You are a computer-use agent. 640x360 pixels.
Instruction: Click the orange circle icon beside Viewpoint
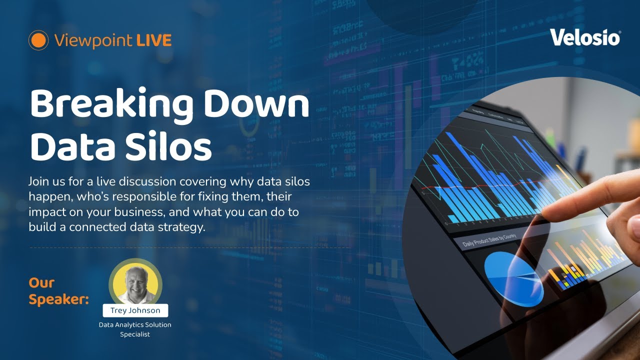tap(38, 40)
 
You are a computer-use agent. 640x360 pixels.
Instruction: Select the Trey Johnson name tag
tap(135, 310)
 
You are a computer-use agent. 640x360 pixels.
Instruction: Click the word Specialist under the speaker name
tap(135, 334)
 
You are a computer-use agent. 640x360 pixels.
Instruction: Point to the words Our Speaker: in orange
tap(58, 291)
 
